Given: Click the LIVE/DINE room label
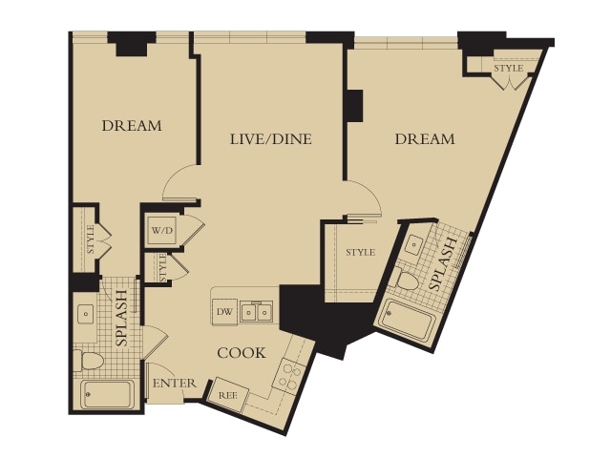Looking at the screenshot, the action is pos(271,139).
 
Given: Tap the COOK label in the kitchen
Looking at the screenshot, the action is pos(242,353).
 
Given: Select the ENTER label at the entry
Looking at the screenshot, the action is pos(174,384).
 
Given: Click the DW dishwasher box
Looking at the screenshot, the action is pos(224,311).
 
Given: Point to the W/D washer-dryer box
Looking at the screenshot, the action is pos(162,230).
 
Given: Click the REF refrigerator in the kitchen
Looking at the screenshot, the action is pos(227,394).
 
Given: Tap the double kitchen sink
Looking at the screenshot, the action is pos(257,311).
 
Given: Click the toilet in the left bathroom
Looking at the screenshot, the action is pos(88,361).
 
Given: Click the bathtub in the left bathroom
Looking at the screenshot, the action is pos(108,394).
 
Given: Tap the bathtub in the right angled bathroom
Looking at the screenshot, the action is pos(408,324).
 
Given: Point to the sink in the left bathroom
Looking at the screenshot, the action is pos(85,313).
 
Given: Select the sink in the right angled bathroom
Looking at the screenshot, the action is pos(412,245).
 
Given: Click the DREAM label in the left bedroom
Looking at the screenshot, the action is pos(132,126).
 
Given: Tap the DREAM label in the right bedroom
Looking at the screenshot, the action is pos(425,139).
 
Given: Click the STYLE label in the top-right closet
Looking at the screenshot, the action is pos(509,68).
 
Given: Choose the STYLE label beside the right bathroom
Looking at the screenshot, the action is pos(361,252).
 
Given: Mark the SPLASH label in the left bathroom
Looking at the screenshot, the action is pos(121,318).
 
